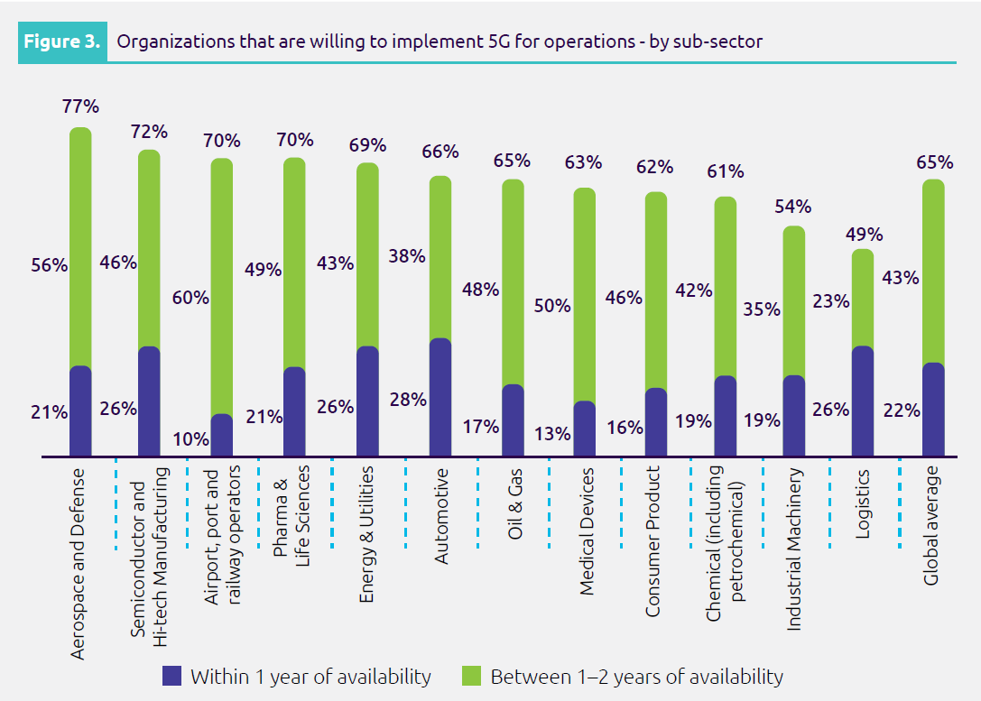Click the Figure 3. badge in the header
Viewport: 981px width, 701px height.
point(61,42)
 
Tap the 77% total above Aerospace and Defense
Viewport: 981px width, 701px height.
point(80,106)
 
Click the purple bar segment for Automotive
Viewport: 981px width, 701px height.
point(440,397)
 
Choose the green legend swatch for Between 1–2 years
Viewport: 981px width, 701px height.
point(473,676)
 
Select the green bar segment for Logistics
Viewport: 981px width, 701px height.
point(863,298)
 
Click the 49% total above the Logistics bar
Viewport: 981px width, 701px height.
point(864,235)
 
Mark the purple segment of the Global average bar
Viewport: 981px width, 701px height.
point(934,410)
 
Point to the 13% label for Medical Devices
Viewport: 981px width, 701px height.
point(553,433)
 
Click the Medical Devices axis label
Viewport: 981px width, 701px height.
point(586,531)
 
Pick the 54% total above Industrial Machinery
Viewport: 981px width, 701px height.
point(793,207)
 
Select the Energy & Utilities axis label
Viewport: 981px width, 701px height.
point(366,534)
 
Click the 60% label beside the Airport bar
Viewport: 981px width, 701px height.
point(191,298)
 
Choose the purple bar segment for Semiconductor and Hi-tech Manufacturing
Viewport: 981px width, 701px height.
point(149,401)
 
